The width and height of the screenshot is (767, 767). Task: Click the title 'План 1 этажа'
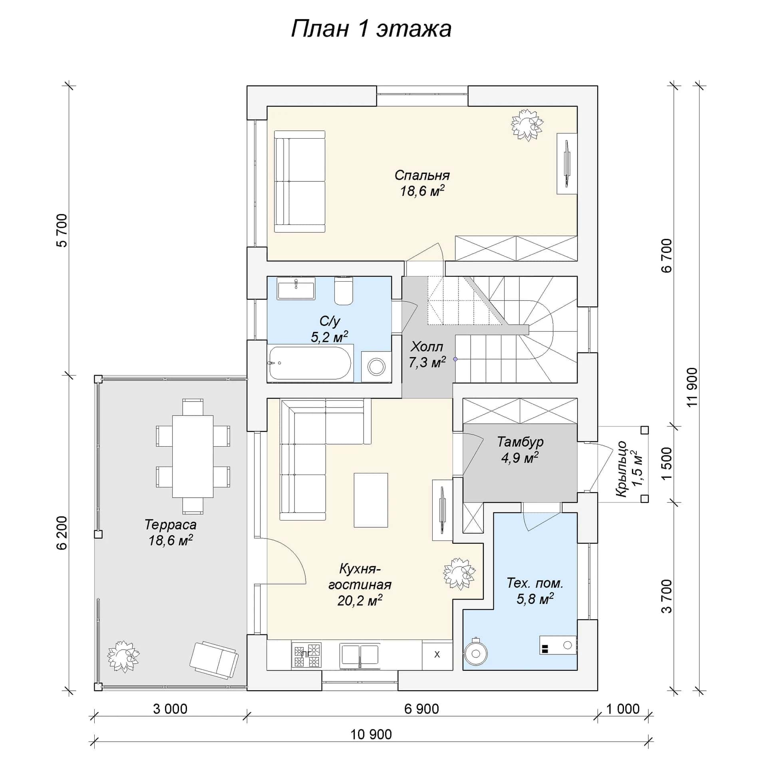pos(371,29)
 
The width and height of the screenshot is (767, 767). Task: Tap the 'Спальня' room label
pos(422,175)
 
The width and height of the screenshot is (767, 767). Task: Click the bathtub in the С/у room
pos(310,363)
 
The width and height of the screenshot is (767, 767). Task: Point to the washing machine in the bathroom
pos(376,366)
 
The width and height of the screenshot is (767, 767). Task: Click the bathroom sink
pos(296,288)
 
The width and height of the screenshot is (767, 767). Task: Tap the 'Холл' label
pos(427,346)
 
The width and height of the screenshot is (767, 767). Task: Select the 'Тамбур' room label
pos(520,441)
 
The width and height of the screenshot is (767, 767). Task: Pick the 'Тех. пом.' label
pos(535,583)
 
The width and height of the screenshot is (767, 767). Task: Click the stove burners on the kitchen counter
pos(307,655)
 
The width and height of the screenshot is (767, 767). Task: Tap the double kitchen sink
pos(360,656)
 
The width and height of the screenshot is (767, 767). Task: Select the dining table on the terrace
pos(193,456)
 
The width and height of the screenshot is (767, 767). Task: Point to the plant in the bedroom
pos(527,125)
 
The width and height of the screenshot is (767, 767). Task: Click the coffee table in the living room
pos(371,500)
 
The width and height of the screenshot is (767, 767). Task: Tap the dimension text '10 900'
pos(371,734)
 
